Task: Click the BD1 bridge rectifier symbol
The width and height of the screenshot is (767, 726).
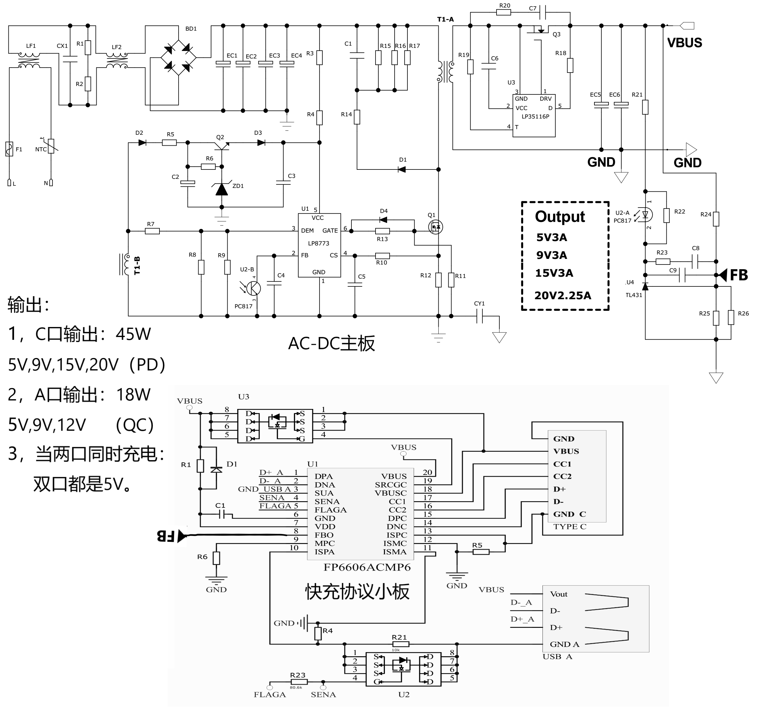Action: click(x=179, y=58)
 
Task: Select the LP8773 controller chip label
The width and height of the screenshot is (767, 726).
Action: click(x=319, y=244)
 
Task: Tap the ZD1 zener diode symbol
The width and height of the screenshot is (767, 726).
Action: click(x=221, y=189)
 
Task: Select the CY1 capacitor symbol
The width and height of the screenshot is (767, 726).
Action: click(x=480, y=316)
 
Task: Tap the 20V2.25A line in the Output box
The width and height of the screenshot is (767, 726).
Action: click(x=563, y=296)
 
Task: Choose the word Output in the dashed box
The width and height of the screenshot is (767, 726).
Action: click(x=560, y=217)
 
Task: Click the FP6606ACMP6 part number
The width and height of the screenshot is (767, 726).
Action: click(x=367, y=567)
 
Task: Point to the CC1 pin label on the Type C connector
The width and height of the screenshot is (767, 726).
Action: click(x=562, y=464)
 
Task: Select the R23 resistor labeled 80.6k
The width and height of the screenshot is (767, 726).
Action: click(x=298, y=682)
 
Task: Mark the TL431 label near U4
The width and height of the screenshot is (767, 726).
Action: click(x=633, y=295)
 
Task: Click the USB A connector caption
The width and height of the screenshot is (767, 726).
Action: click(x=557, y=657)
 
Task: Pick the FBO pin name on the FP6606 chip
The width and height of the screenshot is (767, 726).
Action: click(x=324, y=535)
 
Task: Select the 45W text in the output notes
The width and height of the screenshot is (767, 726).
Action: click(x=133, y=334)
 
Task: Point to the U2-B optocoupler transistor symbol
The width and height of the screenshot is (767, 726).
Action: click(x=254, y=288)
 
